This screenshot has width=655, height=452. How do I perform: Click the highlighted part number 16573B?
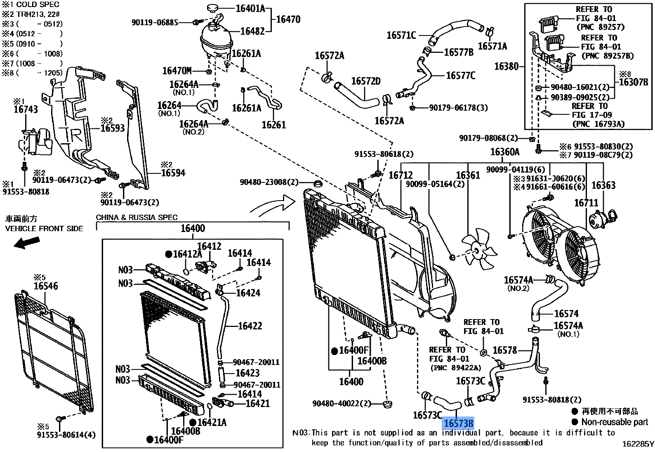pyautogui.click(x=458, y=423)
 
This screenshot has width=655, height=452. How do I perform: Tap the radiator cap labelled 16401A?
pyautogui.click(x=214, y=8)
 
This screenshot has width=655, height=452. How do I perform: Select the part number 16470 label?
pyautogui.click(x=288, y=19)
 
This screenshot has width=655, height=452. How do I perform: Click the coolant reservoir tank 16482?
pyautogui.click(x=216, y=39)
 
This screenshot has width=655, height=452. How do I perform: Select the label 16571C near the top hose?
pyautogui.click(x=401, y=35)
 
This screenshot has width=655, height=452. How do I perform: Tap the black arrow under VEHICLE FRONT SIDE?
pyautogui.click(x=27, y=242)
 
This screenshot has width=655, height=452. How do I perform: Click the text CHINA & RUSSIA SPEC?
pyautogui.click(x=137, y=218)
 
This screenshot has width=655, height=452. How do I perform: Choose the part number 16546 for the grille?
pyautogui.click(x=46, y=286)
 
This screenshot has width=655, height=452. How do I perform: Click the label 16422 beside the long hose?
pyautogui.click(x=250, y=326)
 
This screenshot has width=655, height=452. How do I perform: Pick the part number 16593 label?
pyautogui.click(x=113, y=128)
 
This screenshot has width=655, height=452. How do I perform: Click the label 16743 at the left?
pyautogui.click(x=26, y=109)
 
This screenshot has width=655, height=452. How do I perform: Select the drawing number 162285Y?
pyautogui.click(x=638, y=444)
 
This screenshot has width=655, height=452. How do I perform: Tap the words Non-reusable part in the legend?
pyautogui.click(x=615, y=422)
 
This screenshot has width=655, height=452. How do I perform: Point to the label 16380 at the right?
pyautogui.click(x=506, y=66)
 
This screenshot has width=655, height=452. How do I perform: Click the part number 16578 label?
pyautogui.click(x=504, y=350)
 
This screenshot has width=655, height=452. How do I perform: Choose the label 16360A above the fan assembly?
pyautogui.click(x=504, y=152)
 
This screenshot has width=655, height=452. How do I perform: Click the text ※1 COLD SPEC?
pyautogui.click(x=31, y=5)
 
